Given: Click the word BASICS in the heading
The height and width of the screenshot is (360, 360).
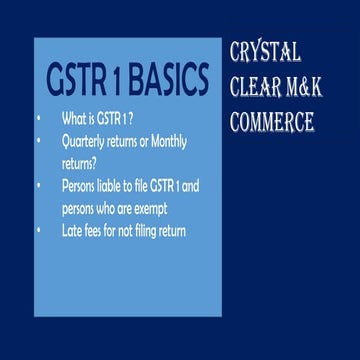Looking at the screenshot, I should coord(169,78).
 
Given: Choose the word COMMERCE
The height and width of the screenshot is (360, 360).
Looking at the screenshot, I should coord(272,121).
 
